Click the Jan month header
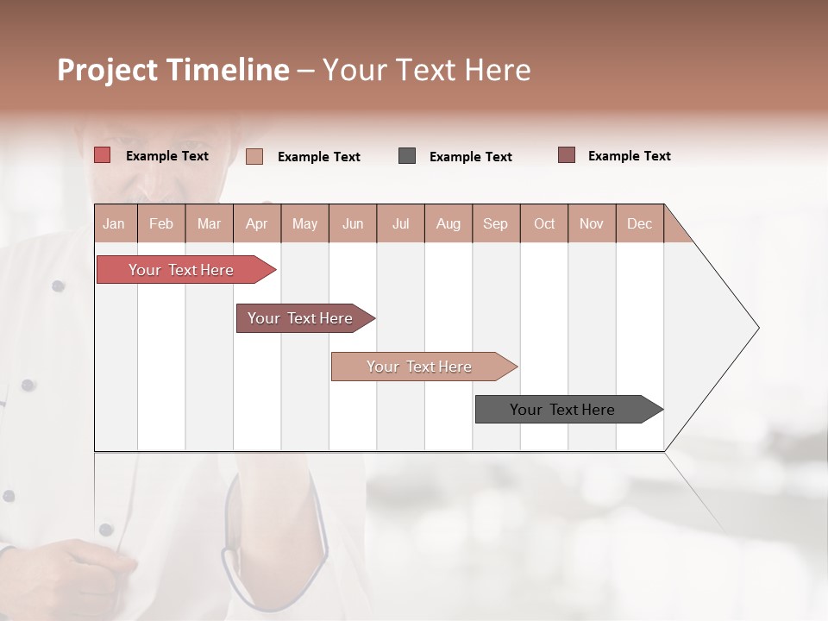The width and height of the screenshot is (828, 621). click(x=115, y=223)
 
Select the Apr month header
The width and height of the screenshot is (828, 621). click(x=257, y=223)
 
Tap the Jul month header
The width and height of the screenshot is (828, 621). click(x=400, y=223)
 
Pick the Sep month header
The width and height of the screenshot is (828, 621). click(x=496, y=223)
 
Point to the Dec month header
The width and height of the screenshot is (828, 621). click(x=639, y=223)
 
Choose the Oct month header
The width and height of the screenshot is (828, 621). click(x=544, y=223)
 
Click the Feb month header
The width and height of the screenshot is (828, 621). click(x=161, y=223)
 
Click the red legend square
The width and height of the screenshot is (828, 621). click(x=102, y=155)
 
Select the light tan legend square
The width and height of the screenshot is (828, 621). click(x=254, y=156)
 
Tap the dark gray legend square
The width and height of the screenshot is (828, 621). click(x=407, y=156)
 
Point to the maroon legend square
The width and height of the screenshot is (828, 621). click(x=567, y=155)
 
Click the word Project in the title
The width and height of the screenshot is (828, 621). click(x=108, y=71)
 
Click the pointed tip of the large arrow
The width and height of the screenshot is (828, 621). click(x=757, y=328)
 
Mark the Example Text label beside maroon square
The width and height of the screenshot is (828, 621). click(x=629, y=156)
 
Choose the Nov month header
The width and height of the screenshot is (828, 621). click(x=592, y=223)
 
